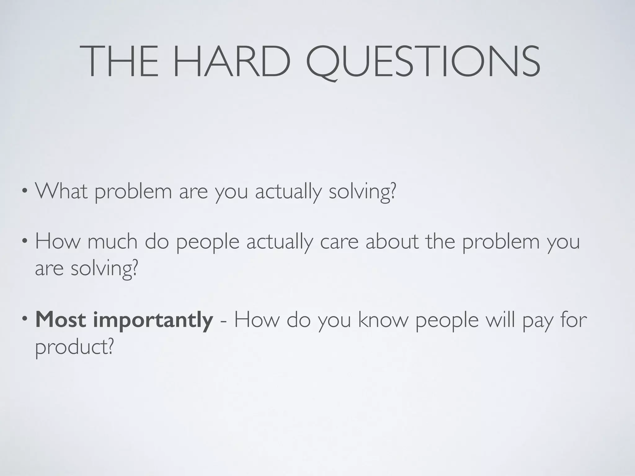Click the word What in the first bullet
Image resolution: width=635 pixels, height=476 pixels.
tap(61, 191)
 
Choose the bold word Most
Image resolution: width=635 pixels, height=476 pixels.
tap(61, 320)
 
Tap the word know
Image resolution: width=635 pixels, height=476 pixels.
tap(383, 320)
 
